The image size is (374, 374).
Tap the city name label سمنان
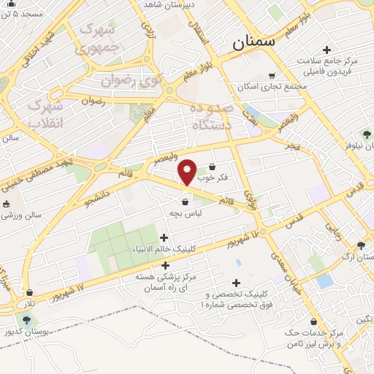[254, 42]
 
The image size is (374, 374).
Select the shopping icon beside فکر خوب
[213, 167]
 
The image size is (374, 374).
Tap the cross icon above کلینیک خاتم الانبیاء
[164, 237]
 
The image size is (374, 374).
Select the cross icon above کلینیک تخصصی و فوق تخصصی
[236, 283]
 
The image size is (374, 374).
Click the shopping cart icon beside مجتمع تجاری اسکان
[272, 75]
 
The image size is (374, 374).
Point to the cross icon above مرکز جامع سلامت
[326, 49]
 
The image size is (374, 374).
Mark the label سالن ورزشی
[22, 216]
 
